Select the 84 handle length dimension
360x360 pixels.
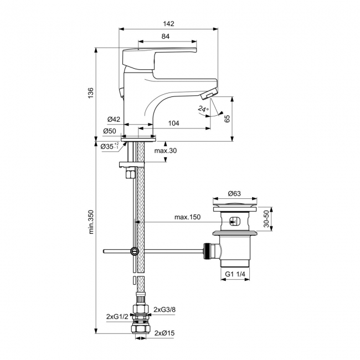coord(165,37)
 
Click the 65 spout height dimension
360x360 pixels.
coord(227,119)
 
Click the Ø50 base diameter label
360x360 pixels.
coord(109,131)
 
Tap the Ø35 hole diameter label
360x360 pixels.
coord(109,146)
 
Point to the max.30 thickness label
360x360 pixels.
coord(164,151)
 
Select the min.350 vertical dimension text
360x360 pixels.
coord(91,230)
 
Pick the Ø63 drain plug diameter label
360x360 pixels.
coord(235,194)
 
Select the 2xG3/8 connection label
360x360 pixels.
coord(164,309)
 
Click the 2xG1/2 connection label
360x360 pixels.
coord(117,316)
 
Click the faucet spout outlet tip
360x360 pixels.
coord(210,95)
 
